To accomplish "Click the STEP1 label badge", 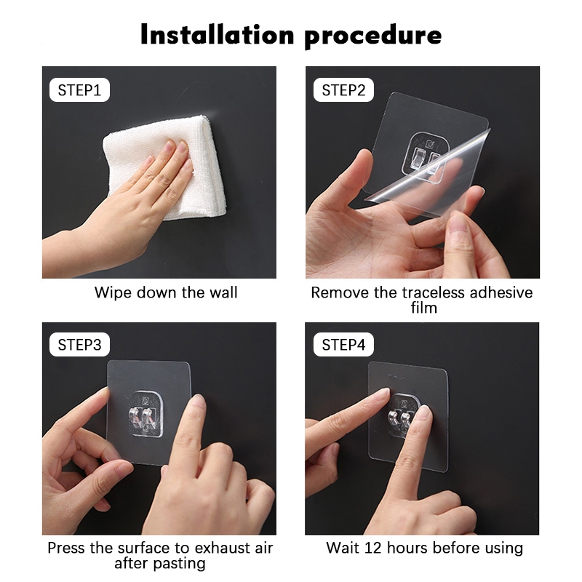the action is tap(79, 89).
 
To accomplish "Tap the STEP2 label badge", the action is tap(343, 89).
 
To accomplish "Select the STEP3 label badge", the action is tap(79, 344).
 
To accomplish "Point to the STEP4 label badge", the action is tap(343, 344).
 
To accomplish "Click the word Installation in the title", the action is tap(218, 34).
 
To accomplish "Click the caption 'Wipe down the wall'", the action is tap(166, 292).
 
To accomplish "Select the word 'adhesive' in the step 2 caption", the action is tap(501, 292).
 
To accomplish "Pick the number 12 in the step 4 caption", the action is tap(373, 548).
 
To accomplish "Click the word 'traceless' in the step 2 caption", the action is tap(434, 292).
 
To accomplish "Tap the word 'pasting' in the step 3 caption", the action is tap(179, 564).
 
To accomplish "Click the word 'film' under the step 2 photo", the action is tap(424, 308).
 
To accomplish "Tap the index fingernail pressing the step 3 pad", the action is tap(198, 402).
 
